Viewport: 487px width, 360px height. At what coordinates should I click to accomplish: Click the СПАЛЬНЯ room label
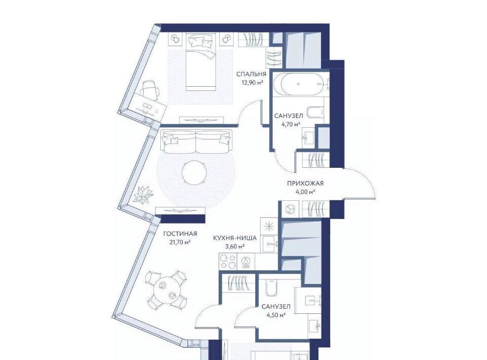(251, 74)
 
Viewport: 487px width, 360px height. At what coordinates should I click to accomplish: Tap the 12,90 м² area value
(252, 83)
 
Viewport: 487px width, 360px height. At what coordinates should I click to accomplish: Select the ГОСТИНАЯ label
(180, 234)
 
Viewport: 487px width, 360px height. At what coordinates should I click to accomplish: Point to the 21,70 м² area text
(180, 242)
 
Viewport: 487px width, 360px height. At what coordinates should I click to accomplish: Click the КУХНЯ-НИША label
(234, 238)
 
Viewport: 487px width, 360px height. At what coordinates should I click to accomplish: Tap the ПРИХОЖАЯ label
(305, 184)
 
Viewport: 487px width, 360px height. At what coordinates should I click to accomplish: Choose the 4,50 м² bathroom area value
(276, 315)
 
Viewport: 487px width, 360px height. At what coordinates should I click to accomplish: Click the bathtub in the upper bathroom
(298, 84)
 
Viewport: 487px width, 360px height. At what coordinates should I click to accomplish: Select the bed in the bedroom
(201, 61)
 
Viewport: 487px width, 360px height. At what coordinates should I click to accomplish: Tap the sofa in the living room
(197, 142)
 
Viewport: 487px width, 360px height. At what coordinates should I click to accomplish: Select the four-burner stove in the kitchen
(228, 261)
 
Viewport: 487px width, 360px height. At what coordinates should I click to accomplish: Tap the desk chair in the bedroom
(150, 88)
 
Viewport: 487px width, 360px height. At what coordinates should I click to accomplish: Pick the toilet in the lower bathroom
(271, 287)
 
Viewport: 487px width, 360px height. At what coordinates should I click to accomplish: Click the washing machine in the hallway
(290, 208)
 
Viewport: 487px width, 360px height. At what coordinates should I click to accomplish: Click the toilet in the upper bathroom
(315, 113)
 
